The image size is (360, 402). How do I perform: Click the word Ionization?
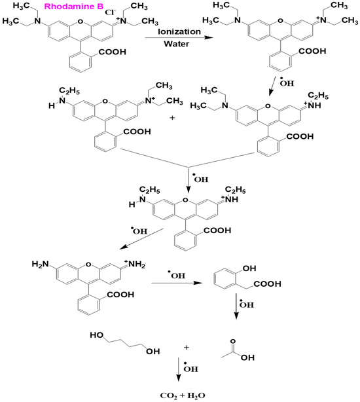coord(172,31)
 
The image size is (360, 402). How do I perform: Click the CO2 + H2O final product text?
coord(179,395)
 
